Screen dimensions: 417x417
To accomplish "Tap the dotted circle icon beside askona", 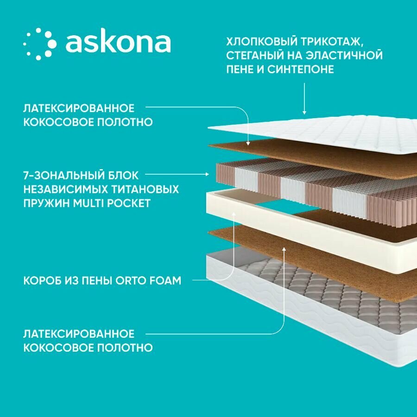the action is [x=40, y=44].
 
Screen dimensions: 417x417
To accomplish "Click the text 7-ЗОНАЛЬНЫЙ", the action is [x=56, y=175].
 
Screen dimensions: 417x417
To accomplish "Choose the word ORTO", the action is [x=137, y=281].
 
